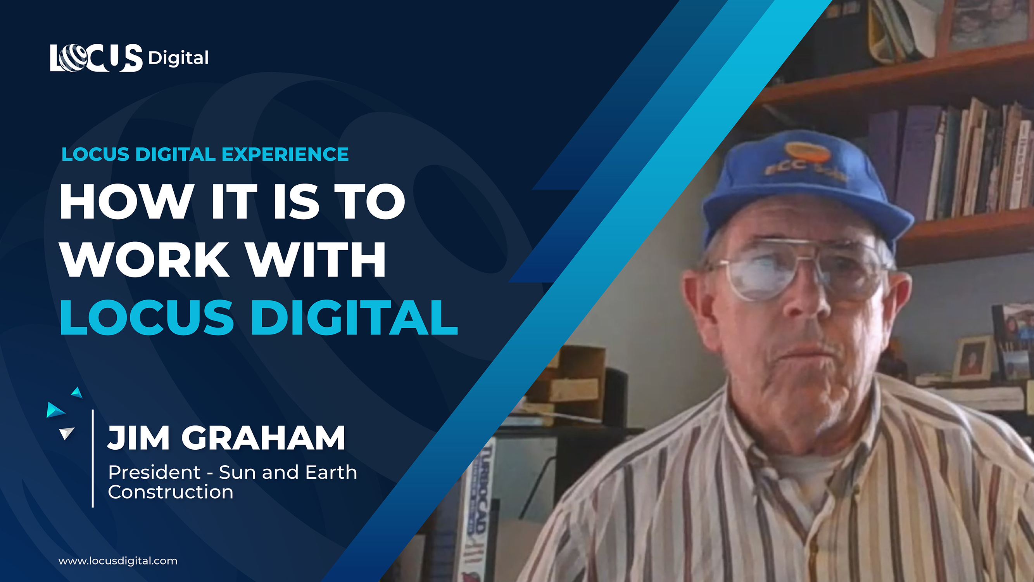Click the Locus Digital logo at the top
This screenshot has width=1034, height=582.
click(129, 58)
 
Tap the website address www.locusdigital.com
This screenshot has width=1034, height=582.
click(117, 561)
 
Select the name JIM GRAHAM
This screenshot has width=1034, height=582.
click(226, 438)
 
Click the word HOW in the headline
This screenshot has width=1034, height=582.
click(125, 201)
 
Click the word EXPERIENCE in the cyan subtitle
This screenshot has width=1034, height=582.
click(285, 154)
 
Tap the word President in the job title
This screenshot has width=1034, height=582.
click(154, 472)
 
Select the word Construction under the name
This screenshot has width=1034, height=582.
click(171, 492)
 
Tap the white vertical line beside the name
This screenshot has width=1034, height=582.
click(93, 458)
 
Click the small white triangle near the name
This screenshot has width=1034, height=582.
click(66, 433)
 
